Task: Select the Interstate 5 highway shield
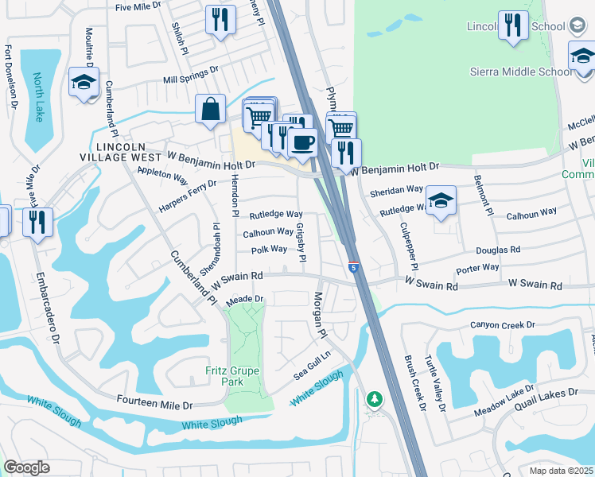[x=353, y=267]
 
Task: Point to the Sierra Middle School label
[x=522, y=72]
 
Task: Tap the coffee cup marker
[x=302, y=143]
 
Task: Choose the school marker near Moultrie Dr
[x=84, y=83]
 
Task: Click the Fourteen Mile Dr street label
[x=154, y=404]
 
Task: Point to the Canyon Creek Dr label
[x=503, y=324]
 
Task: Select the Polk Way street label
[x=269, y=250]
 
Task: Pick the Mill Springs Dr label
[x=190, y=79]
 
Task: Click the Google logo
[x=26, y=467]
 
